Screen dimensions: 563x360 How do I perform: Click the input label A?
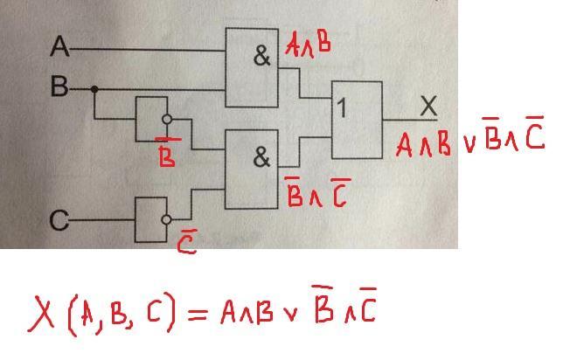pyautogui.click(x=60, y=45)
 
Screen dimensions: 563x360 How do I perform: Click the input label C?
pyautogui.click(x=59, y=221)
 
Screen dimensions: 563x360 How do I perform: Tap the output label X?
pyautogui.click(x=427, y=107)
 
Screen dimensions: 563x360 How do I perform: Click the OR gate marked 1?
pyautogui.click(x=357, y=119)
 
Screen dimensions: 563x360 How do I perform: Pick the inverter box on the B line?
pyautogui.click(x=149, y=119)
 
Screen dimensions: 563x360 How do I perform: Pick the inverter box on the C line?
pyautogui.click(x=149, y=219)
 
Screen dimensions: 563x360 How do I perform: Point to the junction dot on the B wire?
pyautogui.click(x=94, y=88)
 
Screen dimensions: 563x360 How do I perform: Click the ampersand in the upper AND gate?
pyautogui.click(x=261, y=58)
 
